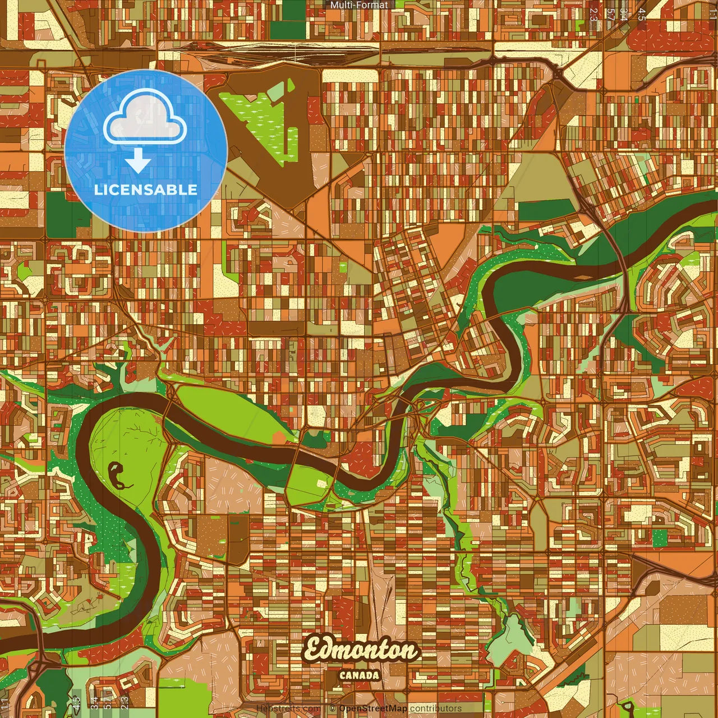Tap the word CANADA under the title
point(360,675)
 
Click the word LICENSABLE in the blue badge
point(146,190)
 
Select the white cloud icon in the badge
point(145,116)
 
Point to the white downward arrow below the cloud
point(138,161)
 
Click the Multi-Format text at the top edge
point(359,5)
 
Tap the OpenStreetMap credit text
point(373,708)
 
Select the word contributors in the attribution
point(436,708)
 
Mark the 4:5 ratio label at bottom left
point(76,703)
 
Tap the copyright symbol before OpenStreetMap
point(333,708)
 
